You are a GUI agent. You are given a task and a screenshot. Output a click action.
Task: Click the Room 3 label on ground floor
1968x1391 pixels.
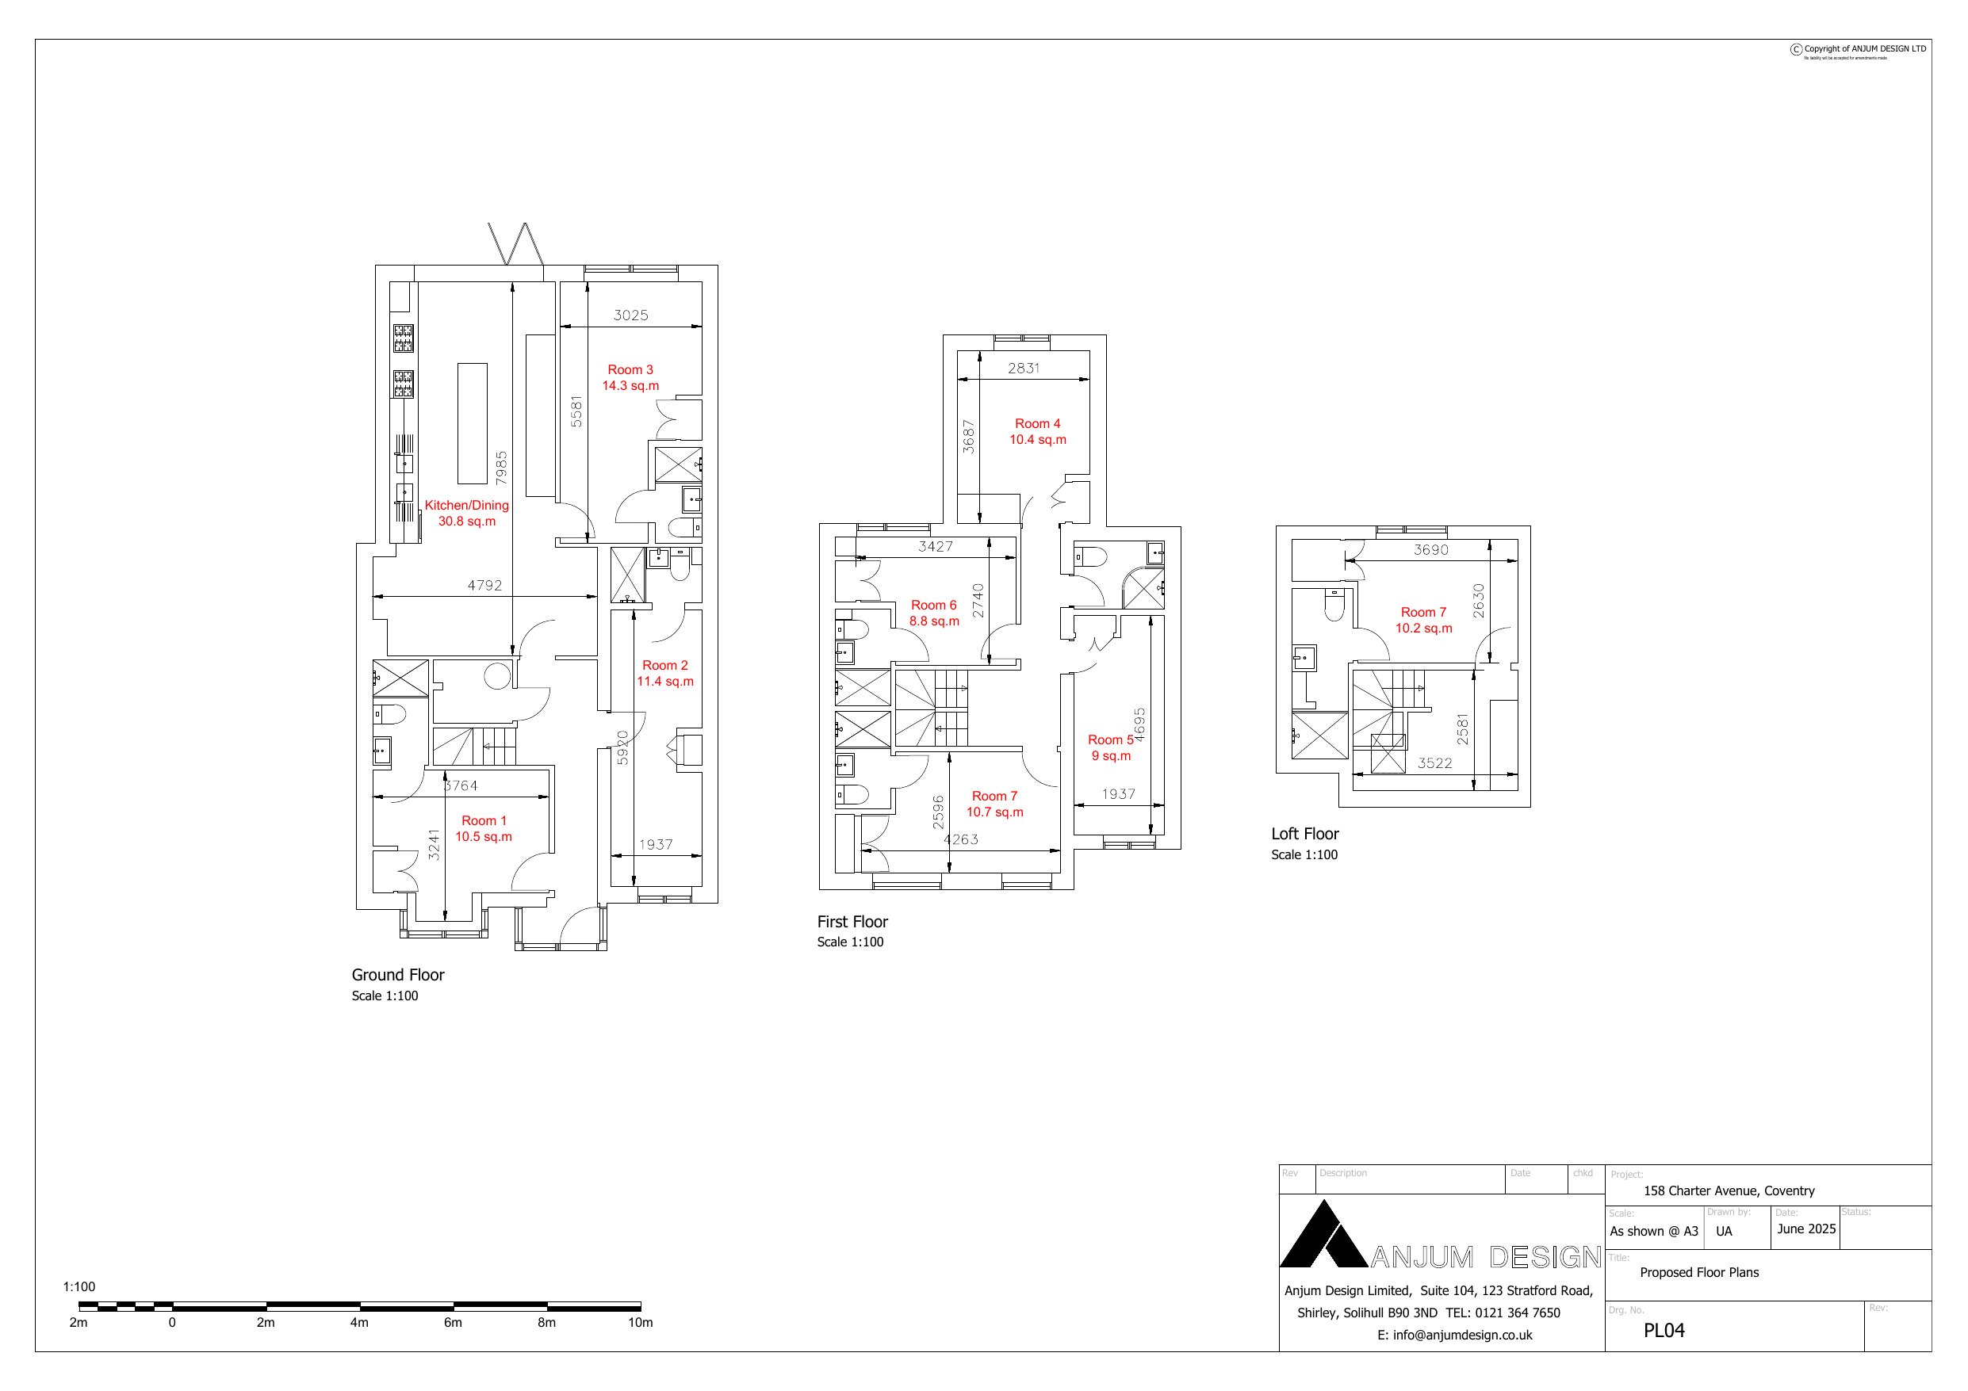[630, 377]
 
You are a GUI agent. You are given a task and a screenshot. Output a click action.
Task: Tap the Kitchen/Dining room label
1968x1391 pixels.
[466, 513]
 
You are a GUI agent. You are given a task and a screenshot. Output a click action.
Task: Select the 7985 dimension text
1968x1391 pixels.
[501, 468]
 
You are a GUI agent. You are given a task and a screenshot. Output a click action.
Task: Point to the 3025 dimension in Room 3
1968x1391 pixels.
[630, 315]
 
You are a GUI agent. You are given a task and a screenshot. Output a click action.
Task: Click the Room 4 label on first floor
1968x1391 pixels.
[1037, 431]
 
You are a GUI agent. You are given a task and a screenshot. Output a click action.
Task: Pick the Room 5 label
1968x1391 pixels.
[1110, 747]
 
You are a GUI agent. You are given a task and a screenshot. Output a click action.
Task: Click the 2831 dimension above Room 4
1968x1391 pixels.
[1024, 369]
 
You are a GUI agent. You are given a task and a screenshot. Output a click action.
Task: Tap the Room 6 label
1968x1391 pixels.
[933, 613]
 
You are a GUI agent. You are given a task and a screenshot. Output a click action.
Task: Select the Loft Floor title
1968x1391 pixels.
[1304, 834]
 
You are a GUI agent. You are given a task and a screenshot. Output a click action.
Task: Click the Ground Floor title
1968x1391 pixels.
[398, 974]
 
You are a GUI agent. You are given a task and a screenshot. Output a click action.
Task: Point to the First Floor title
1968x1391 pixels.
[852, 921]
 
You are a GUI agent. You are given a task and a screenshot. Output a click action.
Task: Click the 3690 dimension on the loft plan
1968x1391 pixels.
[1430, 550]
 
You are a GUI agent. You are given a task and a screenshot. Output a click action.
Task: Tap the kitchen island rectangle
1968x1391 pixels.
[473, 423]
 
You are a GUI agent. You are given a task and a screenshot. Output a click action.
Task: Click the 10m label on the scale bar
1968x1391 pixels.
[641, 1322]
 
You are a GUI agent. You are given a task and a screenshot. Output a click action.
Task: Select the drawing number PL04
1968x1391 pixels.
[1664, 1330]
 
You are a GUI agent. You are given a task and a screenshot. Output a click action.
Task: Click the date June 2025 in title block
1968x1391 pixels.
[1806, 1229]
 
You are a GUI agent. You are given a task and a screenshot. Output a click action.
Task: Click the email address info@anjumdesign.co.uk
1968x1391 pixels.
[1453, 1335]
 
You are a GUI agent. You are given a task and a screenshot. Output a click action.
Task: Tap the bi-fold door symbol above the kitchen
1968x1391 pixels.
[515, 244]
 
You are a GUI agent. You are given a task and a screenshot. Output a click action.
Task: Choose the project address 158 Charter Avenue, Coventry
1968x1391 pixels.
[1728, 1190]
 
